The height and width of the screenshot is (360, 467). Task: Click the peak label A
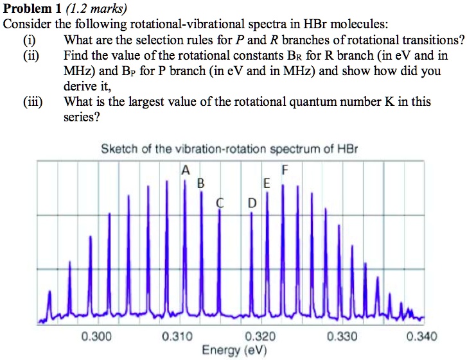(186, 171)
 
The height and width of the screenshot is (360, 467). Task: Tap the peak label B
(200, 184)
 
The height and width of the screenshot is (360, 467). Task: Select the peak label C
(220, 203)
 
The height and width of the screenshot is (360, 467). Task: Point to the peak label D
(252, 203)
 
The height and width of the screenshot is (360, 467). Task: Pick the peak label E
(267, 184)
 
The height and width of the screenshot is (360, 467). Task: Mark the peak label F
(285, 170)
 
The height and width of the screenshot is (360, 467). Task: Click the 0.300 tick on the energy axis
(97, 336)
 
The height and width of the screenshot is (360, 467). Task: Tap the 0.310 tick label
(177, 336)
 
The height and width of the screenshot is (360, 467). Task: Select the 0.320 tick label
(260, 336)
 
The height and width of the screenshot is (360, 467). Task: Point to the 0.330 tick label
(342, 336)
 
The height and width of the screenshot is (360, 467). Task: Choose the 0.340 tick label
(422, 336)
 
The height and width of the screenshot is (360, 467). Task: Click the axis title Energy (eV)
(234, 350)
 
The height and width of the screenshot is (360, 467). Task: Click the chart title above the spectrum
(229, 149)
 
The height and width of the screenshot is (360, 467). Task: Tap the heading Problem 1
(32, 8)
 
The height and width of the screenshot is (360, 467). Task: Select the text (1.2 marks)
(96, 9)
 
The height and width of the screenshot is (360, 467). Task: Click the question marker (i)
(30, 40)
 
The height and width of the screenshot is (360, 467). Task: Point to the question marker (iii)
(33, 102)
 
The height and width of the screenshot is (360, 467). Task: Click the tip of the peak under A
(185, 180)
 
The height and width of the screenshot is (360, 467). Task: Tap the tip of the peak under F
(283, 185)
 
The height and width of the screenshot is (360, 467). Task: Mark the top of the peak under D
(251, 212)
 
